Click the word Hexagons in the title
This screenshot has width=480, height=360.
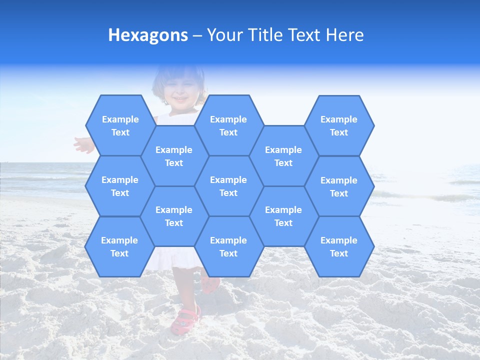(x=148, y=35)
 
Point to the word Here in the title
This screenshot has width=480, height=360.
(x=344, y=35)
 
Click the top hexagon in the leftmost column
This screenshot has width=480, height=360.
(x=120, y=125)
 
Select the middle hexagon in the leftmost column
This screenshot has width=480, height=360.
(x=120, y=186)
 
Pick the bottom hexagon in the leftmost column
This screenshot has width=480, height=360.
(x=119, y=246)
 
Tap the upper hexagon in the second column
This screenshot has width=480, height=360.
(x=174, y=156)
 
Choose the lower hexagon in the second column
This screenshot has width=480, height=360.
(x=174, y=216)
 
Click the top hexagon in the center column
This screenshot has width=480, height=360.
(x=228, y=125)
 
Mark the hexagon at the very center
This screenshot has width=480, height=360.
(x=228, y=186)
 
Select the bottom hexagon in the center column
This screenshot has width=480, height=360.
(x=228, y=246)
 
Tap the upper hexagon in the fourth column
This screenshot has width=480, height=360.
(x=283, y=156)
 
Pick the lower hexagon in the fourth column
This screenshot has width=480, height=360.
(x=283, y=216)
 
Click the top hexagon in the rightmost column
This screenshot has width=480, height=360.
(x=339, y=125)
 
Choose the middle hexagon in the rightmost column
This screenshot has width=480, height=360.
(x=339, y=186)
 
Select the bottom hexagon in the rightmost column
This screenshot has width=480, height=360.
(x=339, y=246)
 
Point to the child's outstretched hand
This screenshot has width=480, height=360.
(x=83, y=145)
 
